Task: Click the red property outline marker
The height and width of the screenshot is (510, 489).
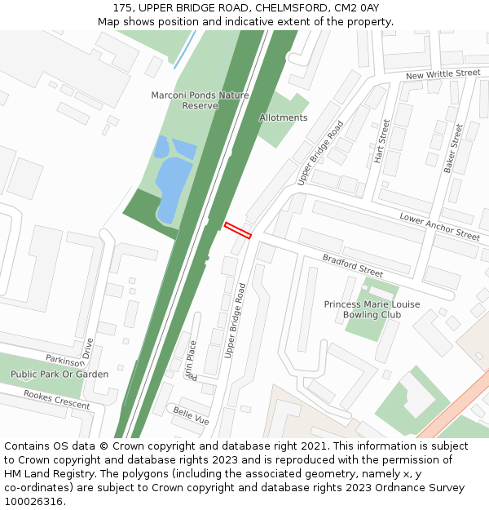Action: coord(237,230)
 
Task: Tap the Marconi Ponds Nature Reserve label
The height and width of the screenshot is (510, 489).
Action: coord(200,100)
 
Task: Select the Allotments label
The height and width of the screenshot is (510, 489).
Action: coord(283,118)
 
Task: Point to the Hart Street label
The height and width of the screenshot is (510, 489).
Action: coord(381,141)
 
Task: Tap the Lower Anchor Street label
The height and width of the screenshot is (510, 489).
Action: coord(439,226)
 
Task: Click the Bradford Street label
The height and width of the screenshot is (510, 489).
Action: coord(352,265)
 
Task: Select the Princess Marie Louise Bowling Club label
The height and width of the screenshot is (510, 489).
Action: coord(372,309)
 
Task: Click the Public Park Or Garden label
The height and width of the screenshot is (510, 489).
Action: coord(59,374)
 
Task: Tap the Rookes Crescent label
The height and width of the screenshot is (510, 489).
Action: coord(56,399)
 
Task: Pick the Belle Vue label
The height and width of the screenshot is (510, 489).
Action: coord(191,415)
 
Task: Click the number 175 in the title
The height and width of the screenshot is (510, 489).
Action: coord(123,7)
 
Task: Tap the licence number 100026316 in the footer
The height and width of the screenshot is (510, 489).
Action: coord(33,502)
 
